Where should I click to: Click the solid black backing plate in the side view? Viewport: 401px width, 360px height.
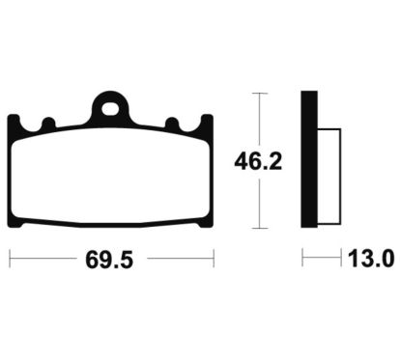tap(309, 160)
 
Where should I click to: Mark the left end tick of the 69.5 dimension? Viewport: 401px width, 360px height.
tap(10, 259)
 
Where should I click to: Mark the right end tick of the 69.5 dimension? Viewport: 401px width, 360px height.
tap(214, 259)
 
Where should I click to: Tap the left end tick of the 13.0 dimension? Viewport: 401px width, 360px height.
tap(302, 259)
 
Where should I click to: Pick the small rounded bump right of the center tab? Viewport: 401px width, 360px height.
tap(173, 125)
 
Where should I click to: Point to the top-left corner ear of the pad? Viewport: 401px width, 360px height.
tap(15, 121)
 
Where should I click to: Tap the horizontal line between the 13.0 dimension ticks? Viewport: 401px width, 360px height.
tap(324, 259)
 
